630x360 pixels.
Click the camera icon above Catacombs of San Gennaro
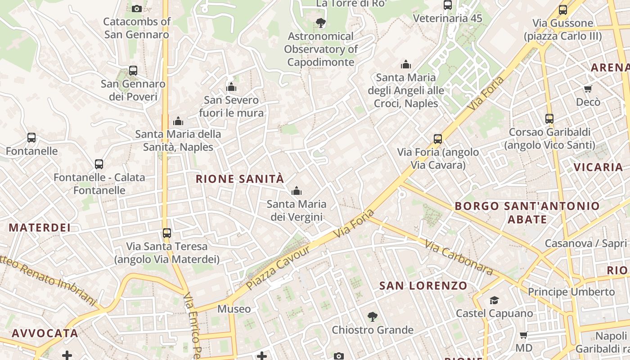(137, 9)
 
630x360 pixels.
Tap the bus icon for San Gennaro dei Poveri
(133, 71)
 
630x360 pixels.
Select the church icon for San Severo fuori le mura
(231, 87)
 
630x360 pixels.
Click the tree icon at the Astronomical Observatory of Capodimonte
(320, 23)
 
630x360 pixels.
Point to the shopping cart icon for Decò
(588, 89)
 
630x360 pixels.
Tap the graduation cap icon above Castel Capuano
(494, 300)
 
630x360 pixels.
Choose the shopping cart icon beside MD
(523, 335)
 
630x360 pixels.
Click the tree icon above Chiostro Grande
(372, 317)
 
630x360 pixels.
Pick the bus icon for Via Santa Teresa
(167, 233)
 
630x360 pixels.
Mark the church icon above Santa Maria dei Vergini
(296, 191)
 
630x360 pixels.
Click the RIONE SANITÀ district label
(240, 179)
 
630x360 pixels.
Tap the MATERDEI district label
(40, 228)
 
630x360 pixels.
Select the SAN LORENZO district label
(423, 286)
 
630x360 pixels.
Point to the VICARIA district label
(598, 167)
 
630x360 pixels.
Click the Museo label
(234, 309)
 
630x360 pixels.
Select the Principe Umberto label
(571, 292)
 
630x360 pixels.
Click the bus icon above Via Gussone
(563, 10)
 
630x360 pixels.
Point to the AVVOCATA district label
(45, 333)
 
